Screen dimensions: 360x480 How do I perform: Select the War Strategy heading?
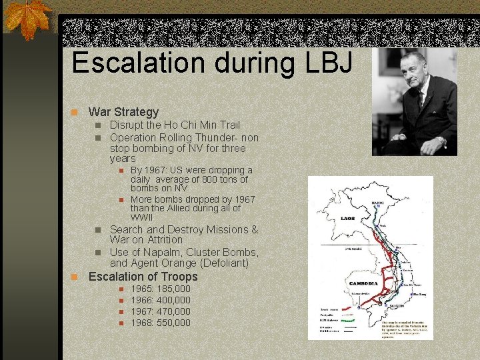tap(123, 112)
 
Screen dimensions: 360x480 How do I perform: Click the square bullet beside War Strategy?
tap(77, 112)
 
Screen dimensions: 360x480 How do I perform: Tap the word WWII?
tap(141, 217)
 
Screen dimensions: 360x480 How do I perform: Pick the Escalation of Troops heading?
tap(143, 276)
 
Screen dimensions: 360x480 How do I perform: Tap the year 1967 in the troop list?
tap(142, 311)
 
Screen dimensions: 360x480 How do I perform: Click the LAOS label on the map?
tap(347, 218)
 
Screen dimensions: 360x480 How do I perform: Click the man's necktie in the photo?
tap(421, 100)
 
